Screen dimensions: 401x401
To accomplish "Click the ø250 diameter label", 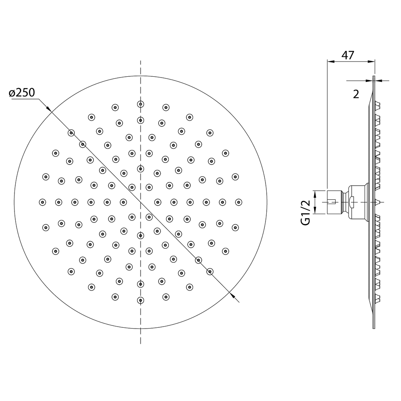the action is click(22, 92).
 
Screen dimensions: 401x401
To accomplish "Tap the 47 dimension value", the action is click(348, 55).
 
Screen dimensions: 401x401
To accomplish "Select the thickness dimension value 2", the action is click(356, 94).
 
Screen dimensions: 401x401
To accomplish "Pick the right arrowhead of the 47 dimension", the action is click(371, 61).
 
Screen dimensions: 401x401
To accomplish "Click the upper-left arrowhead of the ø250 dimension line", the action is click(49, 108).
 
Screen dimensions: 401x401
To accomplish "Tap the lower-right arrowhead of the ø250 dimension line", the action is click(233, 296).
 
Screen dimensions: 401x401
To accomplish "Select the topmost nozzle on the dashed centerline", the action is click(141, 104).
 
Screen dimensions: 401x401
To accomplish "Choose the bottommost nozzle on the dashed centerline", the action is click(141, 300).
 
